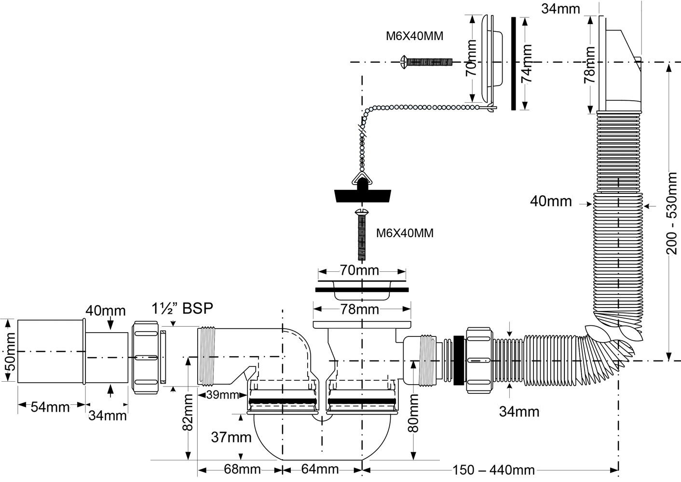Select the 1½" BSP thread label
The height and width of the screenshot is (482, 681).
182,308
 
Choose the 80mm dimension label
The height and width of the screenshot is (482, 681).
414,413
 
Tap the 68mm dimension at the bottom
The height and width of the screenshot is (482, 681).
242,469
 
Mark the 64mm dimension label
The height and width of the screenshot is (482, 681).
320,469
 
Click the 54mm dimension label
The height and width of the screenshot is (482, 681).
50,407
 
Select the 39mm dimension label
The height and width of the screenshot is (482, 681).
222,395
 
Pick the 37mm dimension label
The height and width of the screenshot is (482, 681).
231,437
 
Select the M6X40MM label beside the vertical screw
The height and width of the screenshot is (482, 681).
405,233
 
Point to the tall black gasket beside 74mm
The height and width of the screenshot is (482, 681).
513,64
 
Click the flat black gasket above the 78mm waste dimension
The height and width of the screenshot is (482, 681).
361,290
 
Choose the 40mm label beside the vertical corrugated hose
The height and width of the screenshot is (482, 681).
551,201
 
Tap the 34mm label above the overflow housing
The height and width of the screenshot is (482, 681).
560,9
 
